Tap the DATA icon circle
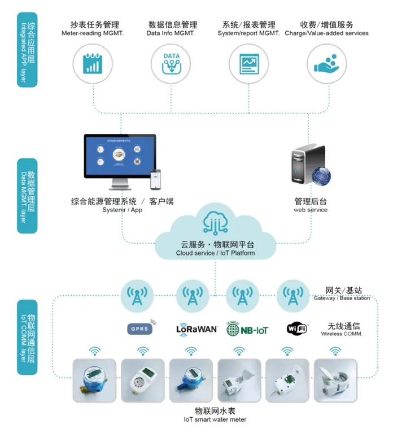pyautogui.click(x=171, y=63)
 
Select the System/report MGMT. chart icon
pyautogui.click(x=248, y=63)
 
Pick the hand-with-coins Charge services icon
pyautogui.click(x=326, y=63)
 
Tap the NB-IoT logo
pyautogui.click(x=247, y=329)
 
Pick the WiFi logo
pyautogui.click(x=298, y=328)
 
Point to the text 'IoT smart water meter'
pyautogui.click(x=215, y=420)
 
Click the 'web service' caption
pyautogui.click(x=310, y=210)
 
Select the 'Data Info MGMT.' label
pyautogui.click(x=172, y=33)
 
